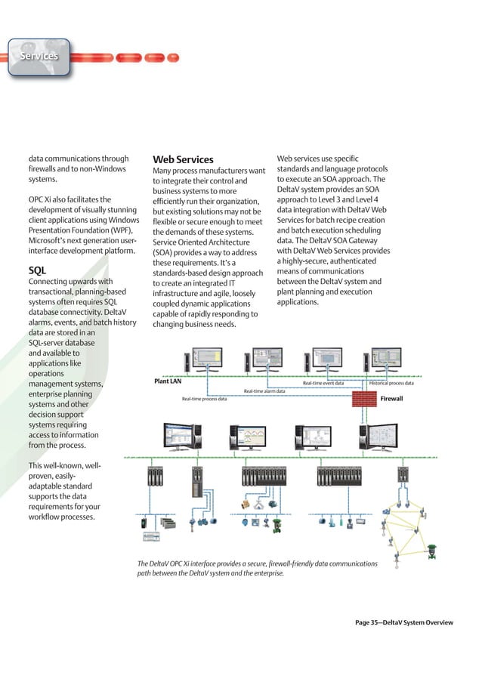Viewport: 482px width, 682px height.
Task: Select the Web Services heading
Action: tap(183, 159)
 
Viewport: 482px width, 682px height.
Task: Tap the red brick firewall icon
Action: tap(366, 397)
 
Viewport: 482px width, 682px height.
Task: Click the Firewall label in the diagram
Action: tap(391, 398)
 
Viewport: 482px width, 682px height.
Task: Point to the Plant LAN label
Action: tap(168, 382)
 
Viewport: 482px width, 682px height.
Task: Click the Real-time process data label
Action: tap(204, 399)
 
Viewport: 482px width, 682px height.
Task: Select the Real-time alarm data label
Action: tap(264, 391)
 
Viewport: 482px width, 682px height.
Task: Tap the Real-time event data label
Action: tap(323, 383)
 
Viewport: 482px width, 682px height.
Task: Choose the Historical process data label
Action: tap(391, 383)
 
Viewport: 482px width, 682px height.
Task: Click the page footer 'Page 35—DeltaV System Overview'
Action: tap(404, 622)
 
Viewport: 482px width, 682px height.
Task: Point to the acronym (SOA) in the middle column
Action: tap(165, 252)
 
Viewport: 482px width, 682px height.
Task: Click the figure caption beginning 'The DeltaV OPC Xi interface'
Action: tap(257, 569)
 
